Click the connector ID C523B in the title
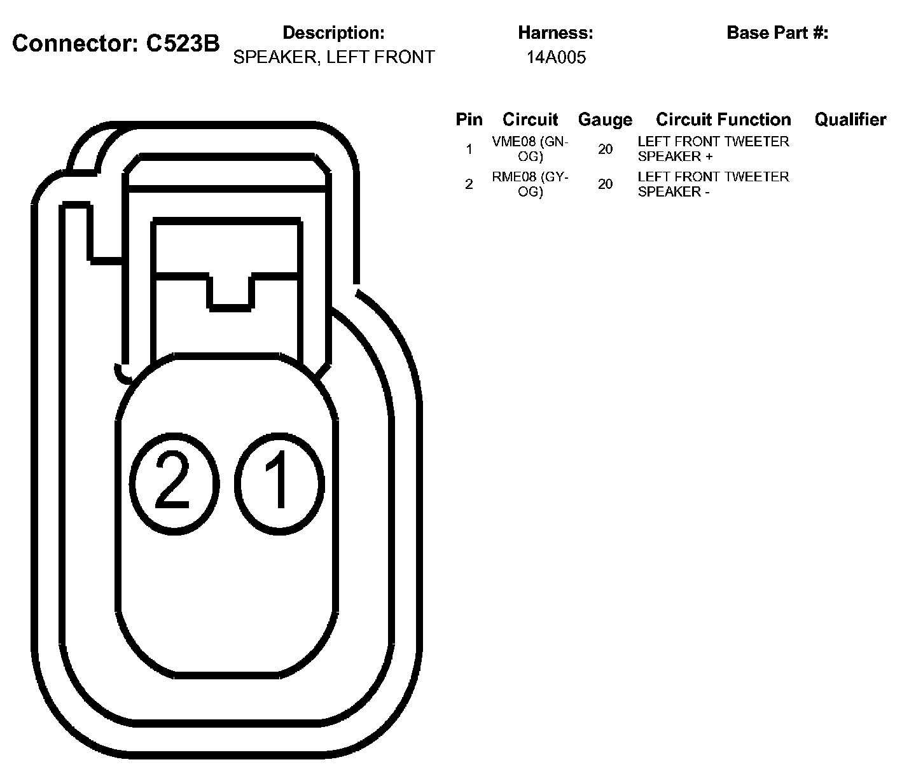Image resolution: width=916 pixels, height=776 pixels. click(183, 44)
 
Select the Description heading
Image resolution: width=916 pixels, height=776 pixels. click(333, 32)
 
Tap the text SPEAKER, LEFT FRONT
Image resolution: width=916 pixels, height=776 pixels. click(333, 57)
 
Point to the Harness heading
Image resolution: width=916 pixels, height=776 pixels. click(555, 32)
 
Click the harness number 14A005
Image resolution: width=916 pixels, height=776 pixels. click(555, 58)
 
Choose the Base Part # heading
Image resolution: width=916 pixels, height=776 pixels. click(777, 32)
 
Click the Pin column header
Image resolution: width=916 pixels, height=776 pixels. click(469, 120)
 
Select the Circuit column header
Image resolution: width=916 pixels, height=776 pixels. click(530, 120)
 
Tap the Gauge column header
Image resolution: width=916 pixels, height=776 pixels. click(605, 120)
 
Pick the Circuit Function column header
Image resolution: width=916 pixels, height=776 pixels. click(723, 120)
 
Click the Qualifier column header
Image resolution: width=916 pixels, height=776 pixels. click(850, 120)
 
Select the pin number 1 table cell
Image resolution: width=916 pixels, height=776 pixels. click(469, 149)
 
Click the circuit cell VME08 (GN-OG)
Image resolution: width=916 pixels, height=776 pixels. click(530, 149)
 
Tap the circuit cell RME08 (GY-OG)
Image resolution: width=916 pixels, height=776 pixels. click(530, 184)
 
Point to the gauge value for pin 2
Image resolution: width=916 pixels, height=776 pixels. click(605, 184)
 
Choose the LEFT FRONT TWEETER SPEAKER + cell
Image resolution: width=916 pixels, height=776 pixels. click(712, 149)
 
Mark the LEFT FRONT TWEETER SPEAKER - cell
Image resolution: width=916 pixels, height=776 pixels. click(712, 184)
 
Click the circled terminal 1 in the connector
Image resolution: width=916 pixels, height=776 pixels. click(279, 483)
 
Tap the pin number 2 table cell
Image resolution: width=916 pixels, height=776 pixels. click(469, 184)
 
